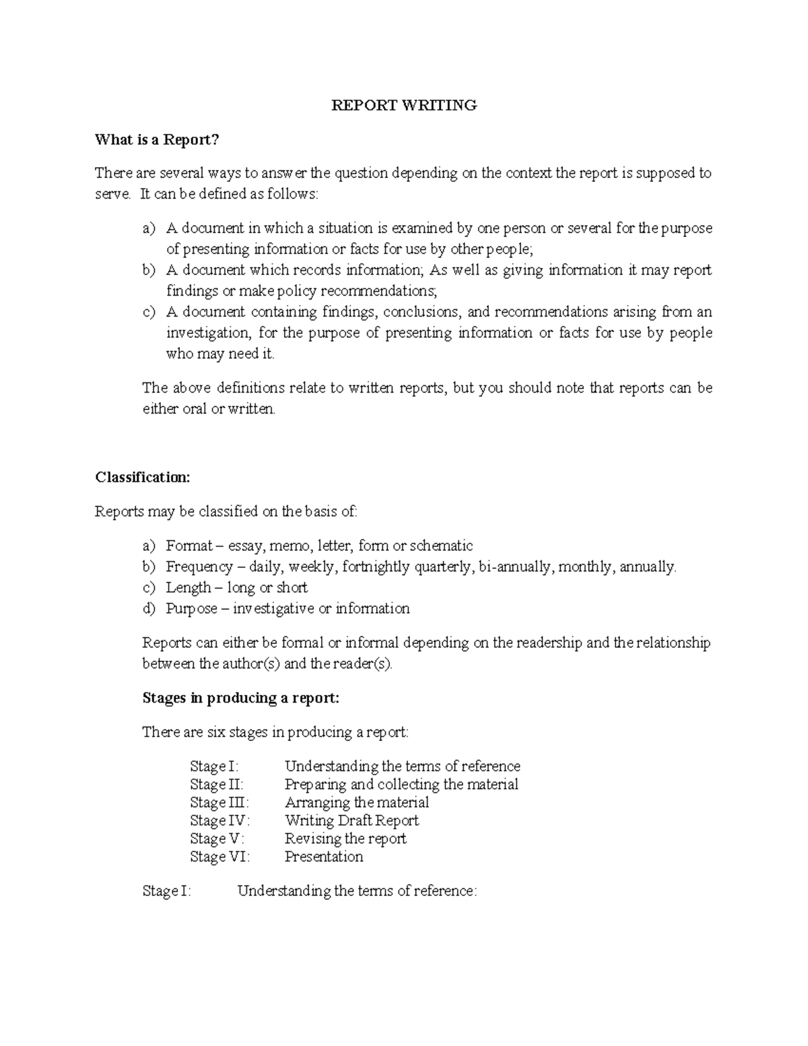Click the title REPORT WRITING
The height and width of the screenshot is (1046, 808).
pos(404,105)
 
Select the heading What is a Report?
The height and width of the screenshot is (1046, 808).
pos(158,139)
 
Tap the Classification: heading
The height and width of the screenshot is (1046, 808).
pos(143,478)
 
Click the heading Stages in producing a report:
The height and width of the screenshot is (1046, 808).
pos(241,698)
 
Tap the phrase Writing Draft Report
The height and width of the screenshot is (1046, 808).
pos(351,820)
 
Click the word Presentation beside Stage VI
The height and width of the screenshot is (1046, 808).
pos(324,857)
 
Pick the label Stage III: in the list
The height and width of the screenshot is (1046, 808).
pos(220,803)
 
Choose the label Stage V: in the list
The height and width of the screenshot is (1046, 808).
pos(217,839)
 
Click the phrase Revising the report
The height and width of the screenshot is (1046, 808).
pos(345,839)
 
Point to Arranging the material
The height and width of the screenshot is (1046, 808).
pos(357,803)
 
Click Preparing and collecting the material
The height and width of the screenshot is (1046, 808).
pos(401,785)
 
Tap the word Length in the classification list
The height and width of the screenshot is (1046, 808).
pos(189,588)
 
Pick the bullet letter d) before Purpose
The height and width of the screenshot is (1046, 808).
pos(149,609)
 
